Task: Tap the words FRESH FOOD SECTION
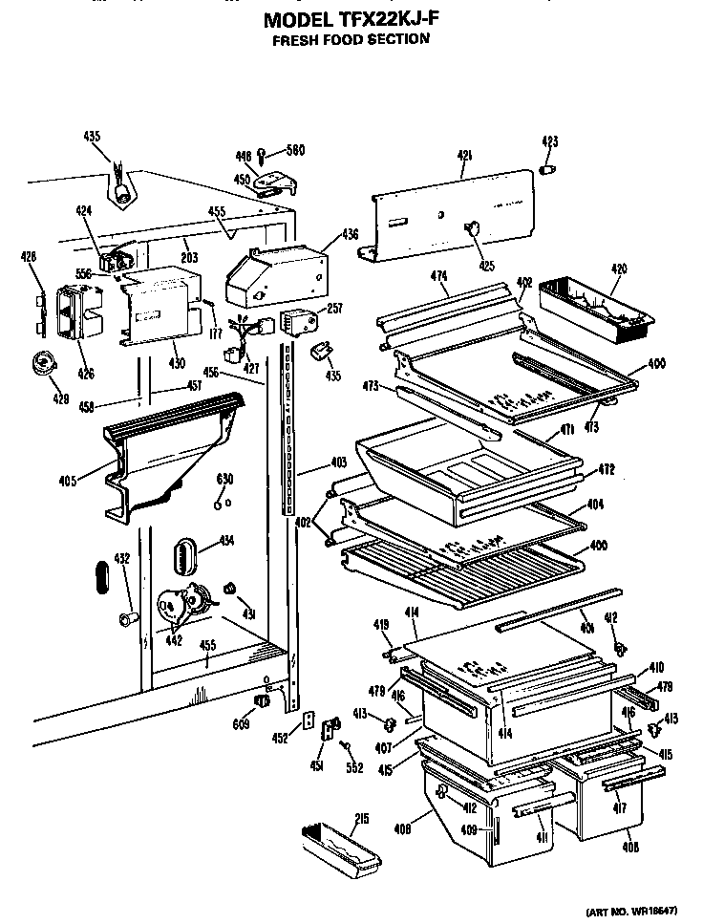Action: coord(351,39)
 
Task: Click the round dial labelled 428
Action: coord(43,362)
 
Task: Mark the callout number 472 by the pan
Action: coord(607,469)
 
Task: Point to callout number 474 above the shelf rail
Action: coord(438,277)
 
